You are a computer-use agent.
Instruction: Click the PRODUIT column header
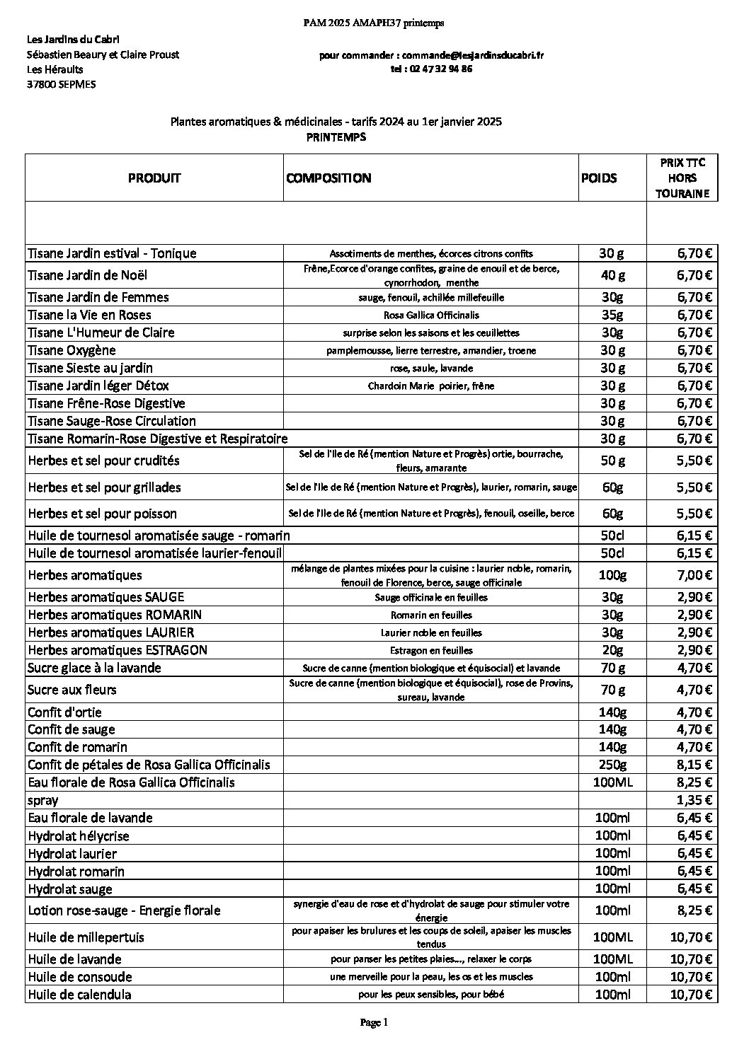click(x=154, y=178)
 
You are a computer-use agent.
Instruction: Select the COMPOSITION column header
click(x=328, y=178)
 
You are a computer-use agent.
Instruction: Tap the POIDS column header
click(x=598, y=178)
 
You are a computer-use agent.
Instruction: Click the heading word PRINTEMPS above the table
click(x=336, y=137)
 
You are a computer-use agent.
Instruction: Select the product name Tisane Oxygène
click(x=72, y=350)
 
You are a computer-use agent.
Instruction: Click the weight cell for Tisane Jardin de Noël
click(x=612, y=275)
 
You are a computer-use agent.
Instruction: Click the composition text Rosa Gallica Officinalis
click(x=431, y=316)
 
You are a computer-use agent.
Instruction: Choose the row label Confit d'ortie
click(x=64, y=712)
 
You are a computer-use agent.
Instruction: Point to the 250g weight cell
click(x=612, y=765)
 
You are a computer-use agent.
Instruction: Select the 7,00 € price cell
click(x=694, y=575)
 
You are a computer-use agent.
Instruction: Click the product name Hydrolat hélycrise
click(x=79, y=836)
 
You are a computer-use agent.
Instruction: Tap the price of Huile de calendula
click(x=690, y=995)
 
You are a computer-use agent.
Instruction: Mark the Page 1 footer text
click(x=374, y=1022)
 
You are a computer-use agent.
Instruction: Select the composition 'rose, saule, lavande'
click(x=431, y=369)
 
